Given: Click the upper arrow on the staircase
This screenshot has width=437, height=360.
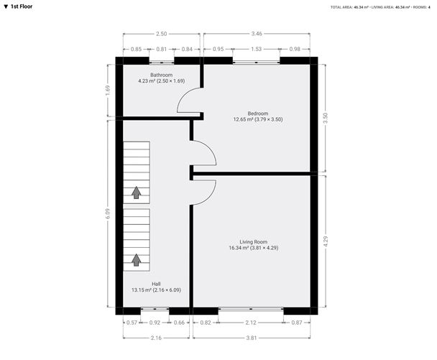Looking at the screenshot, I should tap(136, 192).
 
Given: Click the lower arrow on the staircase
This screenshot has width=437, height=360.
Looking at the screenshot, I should tap(136, 259).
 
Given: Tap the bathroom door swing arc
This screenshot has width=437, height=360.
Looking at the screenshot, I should tap(188, 106).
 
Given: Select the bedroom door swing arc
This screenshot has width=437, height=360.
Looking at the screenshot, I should tap(205, 153).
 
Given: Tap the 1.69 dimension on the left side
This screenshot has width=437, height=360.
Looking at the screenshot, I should tap(108, 90).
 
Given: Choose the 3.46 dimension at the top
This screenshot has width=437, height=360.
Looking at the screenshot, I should tap(257, 34).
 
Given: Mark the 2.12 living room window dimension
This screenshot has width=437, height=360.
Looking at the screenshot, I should tap(251, 323).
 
